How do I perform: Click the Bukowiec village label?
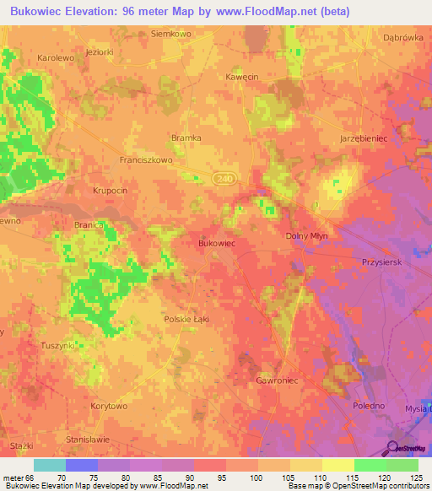[x=215, y=242]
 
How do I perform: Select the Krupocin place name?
[x=110, y=191]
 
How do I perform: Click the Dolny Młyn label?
[x=307, y=236]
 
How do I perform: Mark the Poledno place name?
[x=367, y=406]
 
